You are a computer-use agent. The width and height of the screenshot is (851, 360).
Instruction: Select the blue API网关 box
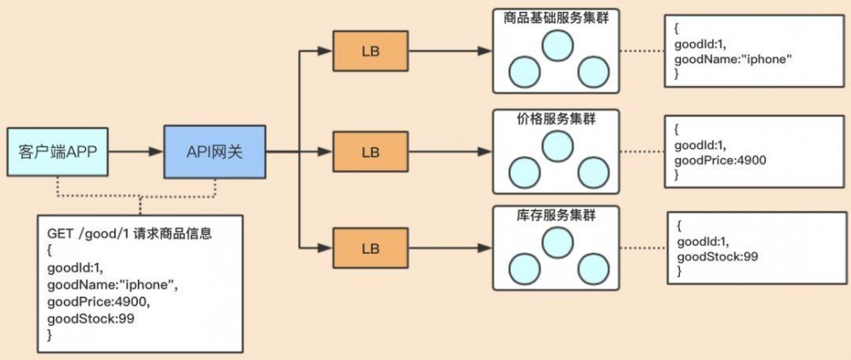(215, 152)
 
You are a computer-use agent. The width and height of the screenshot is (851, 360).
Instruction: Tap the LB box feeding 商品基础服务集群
(370, 51)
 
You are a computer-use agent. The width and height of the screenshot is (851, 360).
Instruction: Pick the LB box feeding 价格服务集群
(370, 152)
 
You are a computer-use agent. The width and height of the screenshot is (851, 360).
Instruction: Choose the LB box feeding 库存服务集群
(370, 249)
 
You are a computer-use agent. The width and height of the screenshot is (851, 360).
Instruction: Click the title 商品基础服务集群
(556, 18)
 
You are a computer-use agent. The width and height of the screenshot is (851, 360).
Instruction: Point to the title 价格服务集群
(556, 119)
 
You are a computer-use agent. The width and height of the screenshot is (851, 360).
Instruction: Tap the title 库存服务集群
(556, 215)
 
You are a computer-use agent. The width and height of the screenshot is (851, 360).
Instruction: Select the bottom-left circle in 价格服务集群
(524, 173)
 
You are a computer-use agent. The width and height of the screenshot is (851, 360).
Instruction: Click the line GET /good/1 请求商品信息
(129, 235)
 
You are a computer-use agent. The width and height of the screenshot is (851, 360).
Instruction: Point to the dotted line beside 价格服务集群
(643, 152)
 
